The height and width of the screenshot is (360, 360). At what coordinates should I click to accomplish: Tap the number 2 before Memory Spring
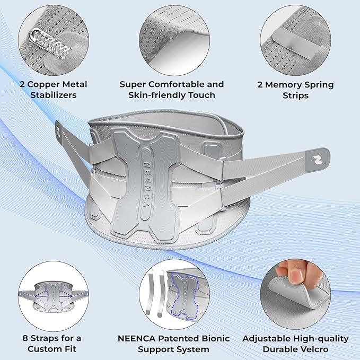(x=273, y=85)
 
